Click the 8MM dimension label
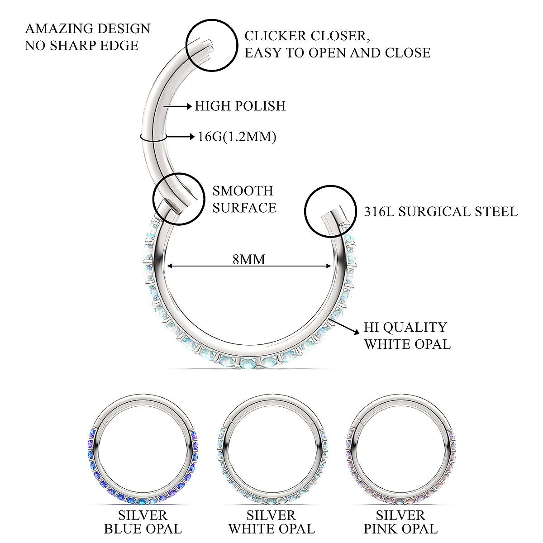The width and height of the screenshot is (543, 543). [x=248, y=259]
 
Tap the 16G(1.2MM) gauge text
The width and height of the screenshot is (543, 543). [x=237, y=136]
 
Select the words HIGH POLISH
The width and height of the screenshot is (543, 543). [x=240, y=106]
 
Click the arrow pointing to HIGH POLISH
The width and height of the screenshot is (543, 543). [x=178, y=106]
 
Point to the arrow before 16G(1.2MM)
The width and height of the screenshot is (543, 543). [x=181, y=136]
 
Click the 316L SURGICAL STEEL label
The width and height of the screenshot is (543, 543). [x=441, y=211]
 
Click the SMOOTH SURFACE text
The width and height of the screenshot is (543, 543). [x=244, y=199]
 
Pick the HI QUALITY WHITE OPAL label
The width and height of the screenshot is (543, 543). [x=407, y=335]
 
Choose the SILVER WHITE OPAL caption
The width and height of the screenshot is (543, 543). [x=271, y=522]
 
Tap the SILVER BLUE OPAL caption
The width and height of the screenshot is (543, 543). [x=143, y=522]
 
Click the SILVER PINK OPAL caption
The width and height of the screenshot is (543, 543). [x=400, y=522]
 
